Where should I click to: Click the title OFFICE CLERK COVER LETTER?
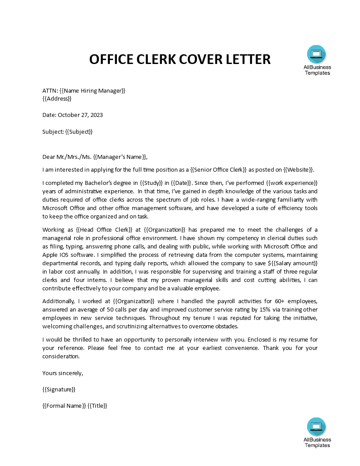pyautogui.click(x=180, y=59)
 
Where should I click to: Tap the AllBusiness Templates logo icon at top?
pyautogui.click(x=316, y=55)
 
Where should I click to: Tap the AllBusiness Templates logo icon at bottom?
pyautogui.click(x=316, y=427)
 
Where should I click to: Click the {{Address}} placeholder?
pyautogui.click(x=57, y=98)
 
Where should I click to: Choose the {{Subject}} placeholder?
pyautogui.click(x=79, y=132)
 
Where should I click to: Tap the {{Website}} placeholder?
pyautogui.click(x=298, y=170)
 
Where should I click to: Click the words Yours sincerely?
pyautogui.click(x=63, y=373)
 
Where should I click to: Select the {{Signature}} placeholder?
pyautogui.click(x=59, y=389)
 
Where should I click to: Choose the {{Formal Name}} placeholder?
pyautogui.click(x=64, y=406)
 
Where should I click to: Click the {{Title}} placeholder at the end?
pyautogui.click(x=97, y=406)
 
